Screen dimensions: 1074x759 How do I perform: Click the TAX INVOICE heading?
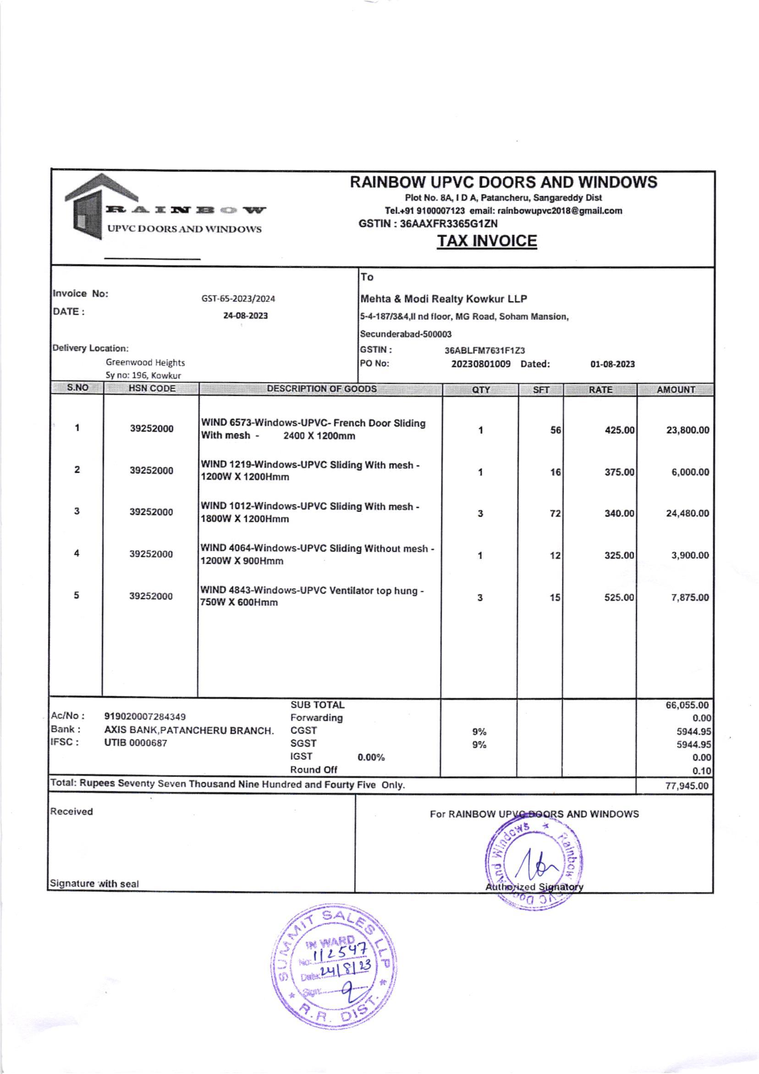486,241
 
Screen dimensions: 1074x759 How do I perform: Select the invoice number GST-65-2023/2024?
238,298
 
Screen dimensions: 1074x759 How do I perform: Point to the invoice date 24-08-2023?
245,316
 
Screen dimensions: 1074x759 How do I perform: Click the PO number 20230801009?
480,364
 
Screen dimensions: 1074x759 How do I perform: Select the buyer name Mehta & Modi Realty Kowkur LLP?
443,298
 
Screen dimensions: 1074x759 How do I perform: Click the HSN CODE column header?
152,389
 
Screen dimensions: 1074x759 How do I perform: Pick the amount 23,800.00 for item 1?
687,430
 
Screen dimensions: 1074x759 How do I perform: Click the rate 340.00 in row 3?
619,514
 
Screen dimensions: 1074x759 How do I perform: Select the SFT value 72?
555,514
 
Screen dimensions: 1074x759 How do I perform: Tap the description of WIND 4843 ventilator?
312,597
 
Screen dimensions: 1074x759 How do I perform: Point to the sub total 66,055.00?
687,705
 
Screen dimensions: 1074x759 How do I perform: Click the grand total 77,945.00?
687,786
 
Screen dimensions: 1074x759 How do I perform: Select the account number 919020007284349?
145,716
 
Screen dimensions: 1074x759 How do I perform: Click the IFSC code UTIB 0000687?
135,743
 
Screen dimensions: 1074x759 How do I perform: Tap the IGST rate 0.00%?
371,757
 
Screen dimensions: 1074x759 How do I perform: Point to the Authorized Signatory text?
534,887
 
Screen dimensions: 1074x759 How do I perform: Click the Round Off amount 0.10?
701,771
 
